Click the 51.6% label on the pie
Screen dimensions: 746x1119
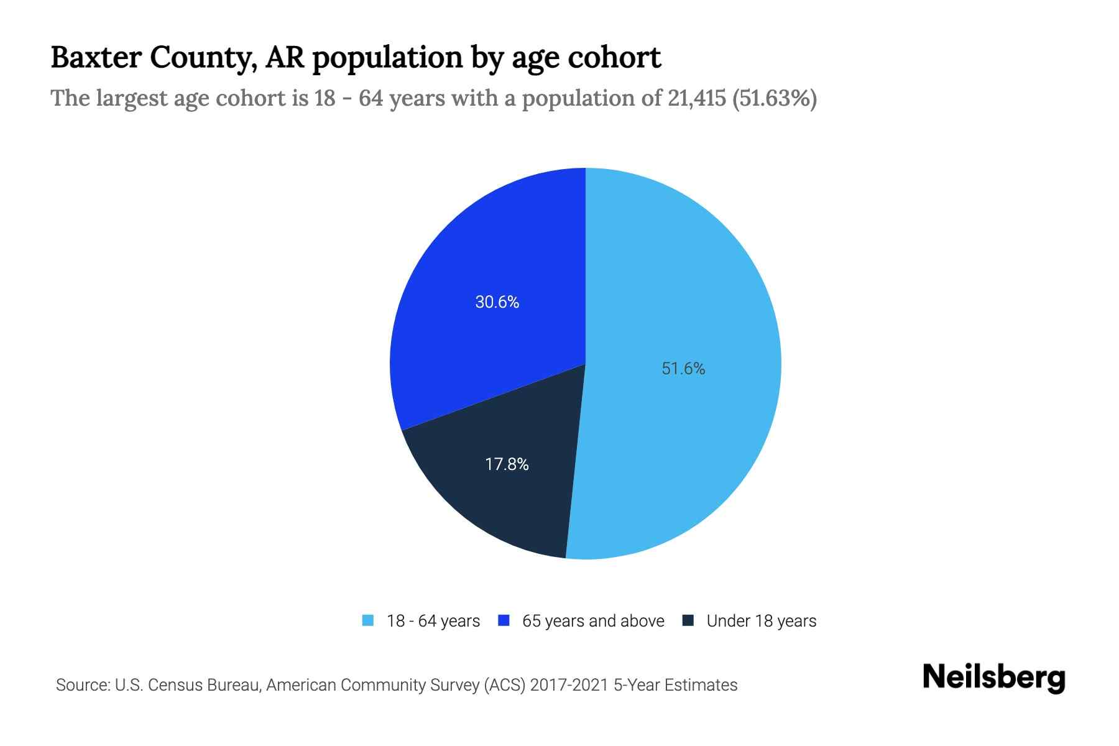click(x=683, y=369)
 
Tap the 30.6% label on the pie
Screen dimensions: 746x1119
click(x=497, y=302)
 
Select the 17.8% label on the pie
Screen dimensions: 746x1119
click(x=507, y=464)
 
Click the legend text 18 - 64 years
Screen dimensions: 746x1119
click(x=433, y=621)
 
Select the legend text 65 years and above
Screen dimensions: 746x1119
click(x=593, y=621)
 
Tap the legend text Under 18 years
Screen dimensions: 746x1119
click(x=761, y=621)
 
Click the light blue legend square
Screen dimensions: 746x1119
click(x=368, y=620)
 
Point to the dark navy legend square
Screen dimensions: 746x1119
click(x=688, y=620)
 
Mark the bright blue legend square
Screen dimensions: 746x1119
click(x=504, y=620)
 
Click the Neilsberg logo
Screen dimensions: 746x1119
click(x=993, y=678)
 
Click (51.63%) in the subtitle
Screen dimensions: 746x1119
click(x=775, y=98)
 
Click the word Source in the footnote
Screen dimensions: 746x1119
click(x=81, y=685)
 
